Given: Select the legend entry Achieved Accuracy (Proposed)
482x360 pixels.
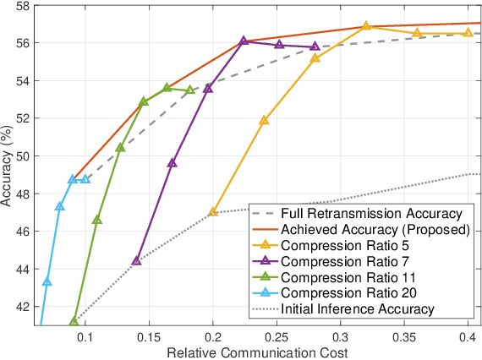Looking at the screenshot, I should pyautogui.click(x=375, y=229).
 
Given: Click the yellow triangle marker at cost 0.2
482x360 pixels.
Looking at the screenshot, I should pyautogui.click(x=213, y=211).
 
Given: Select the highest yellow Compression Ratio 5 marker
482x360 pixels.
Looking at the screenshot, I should pyautogui.click(x=366, y=26).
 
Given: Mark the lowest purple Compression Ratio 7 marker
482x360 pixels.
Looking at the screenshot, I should pyautogui.click(x=136, y=260).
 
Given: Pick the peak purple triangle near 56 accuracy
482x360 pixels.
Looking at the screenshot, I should pyautogui.click(x=244, y=41).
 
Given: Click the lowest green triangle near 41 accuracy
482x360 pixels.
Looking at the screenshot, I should pyautogui.click(x=74, y=321).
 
